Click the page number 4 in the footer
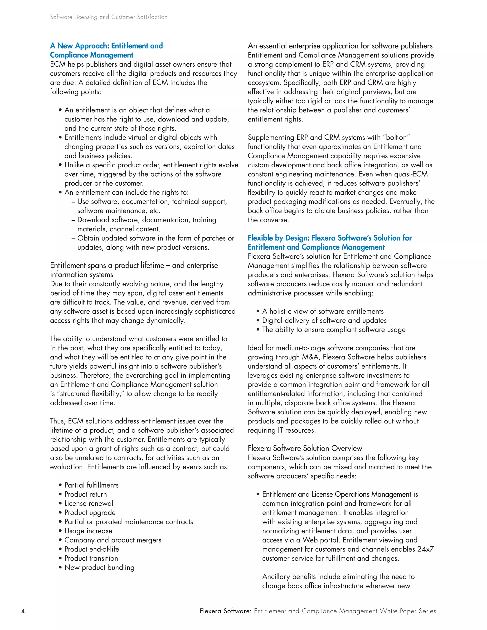(23, 611)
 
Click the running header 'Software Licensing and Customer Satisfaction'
(108, 17)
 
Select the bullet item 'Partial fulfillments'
(91, 485)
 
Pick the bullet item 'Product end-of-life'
(92, 549)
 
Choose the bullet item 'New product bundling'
(99, 567)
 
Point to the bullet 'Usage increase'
(88, 531)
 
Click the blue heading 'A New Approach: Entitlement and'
(106, 46)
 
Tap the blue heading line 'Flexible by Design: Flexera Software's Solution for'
(330, 238)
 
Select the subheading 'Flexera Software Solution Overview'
(305, 448)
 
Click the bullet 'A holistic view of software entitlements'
(322, 311)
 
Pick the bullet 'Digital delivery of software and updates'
(324, 320)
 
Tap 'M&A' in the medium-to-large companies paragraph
(310, 357)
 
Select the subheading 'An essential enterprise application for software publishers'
(340, 46)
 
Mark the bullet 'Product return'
(85, 494)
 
